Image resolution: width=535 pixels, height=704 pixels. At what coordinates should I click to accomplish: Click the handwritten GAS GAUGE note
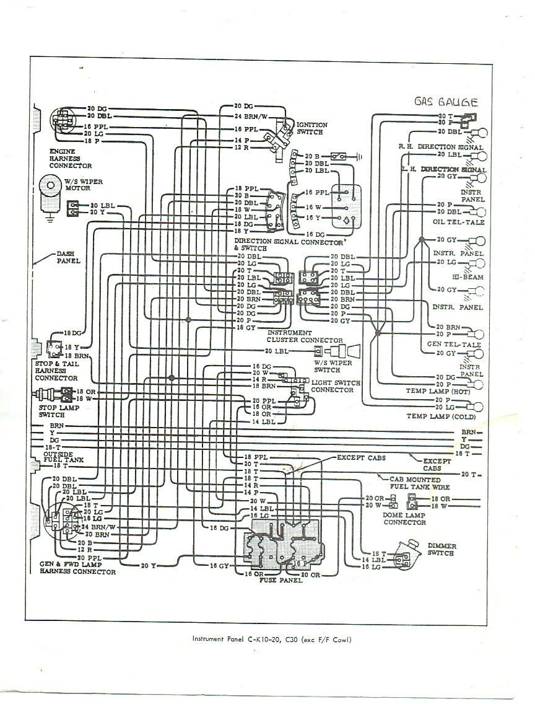coord(446,103)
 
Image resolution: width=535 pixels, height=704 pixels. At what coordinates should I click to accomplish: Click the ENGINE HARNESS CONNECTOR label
coord(71,159)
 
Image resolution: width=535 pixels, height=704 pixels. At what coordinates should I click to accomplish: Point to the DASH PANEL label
coord(69,257)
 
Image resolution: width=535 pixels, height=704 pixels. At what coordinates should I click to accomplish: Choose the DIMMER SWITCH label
coord(441,550)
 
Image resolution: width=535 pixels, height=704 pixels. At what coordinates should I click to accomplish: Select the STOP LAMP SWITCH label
coord(52,411)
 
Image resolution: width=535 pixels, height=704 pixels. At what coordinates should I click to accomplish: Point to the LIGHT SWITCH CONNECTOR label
coord(335,386)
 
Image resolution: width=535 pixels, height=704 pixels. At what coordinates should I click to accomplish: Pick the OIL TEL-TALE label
coord(459,222)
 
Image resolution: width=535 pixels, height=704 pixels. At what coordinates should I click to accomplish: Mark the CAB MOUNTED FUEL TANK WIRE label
coord(414,483)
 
